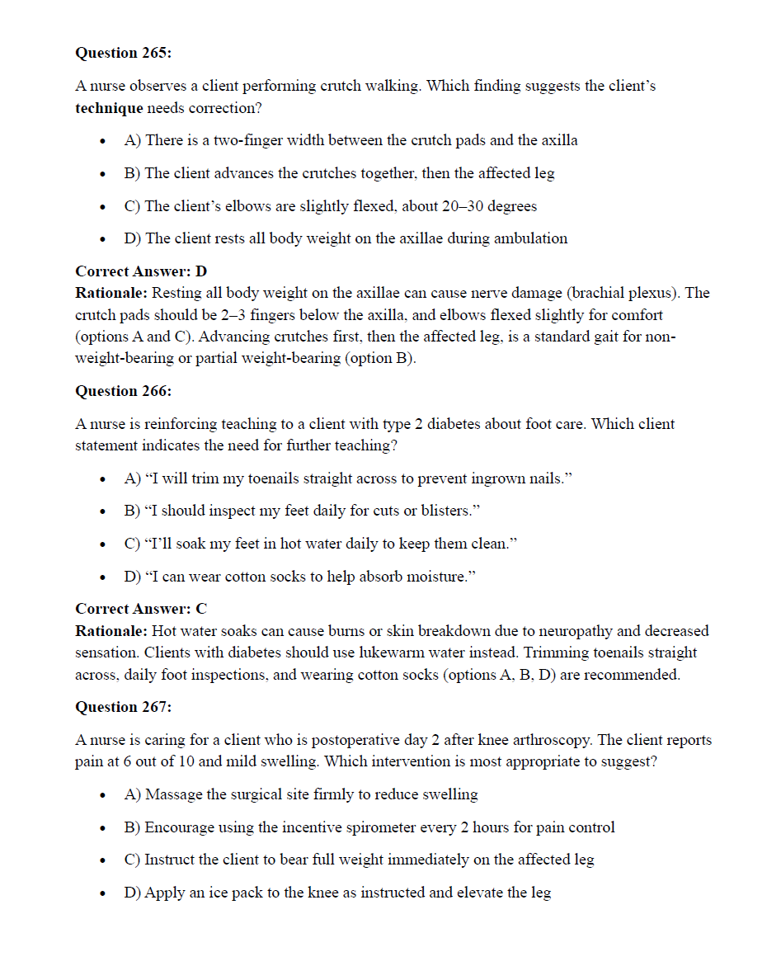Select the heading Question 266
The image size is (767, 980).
123,391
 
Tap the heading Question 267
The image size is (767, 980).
123,707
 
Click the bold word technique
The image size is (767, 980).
109,108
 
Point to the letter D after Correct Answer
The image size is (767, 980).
201,271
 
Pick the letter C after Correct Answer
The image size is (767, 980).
201,609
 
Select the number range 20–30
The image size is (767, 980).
452,206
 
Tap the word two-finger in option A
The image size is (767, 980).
249,140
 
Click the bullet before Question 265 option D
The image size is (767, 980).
101,240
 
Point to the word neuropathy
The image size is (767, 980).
577,631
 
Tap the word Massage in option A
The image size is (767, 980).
174,794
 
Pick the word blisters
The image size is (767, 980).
444,511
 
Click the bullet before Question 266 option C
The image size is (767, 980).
101,545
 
